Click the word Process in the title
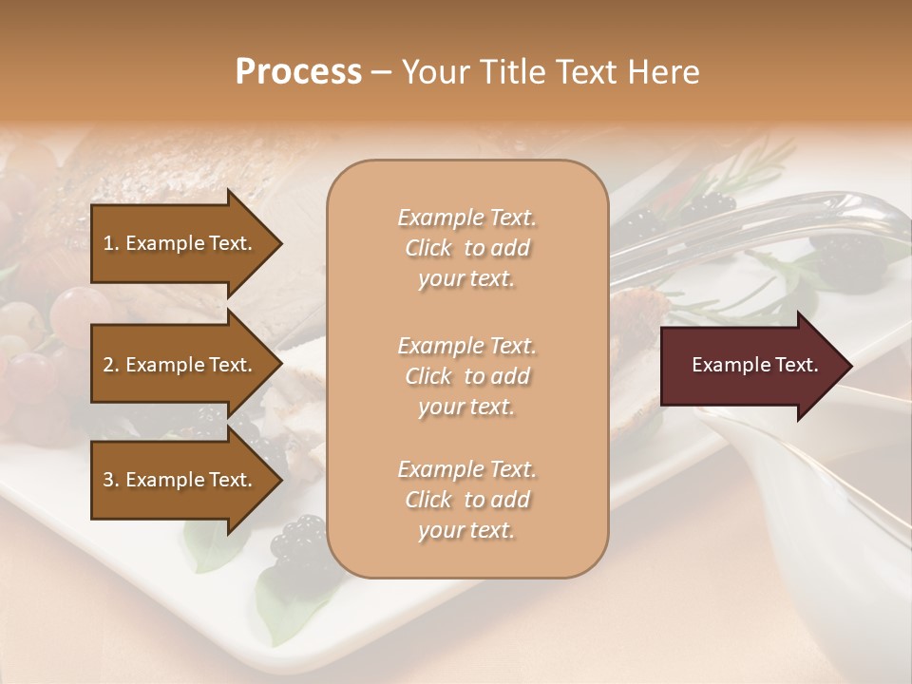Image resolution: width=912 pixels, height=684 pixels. pos(298,72)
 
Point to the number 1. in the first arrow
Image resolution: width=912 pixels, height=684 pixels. pos(111,243)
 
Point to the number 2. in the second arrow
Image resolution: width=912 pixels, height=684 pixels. pos(111,365)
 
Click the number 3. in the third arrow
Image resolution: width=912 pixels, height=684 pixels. pos(111,480)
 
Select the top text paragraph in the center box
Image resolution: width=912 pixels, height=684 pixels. pos(466,248)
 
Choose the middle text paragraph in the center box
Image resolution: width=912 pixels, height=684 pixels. pos(466,376)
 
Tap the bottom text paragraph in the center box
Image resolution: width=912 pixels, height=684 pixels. pos(466,500)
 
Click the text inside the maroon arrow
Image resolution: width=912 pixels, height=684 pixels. pos(755,365)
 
